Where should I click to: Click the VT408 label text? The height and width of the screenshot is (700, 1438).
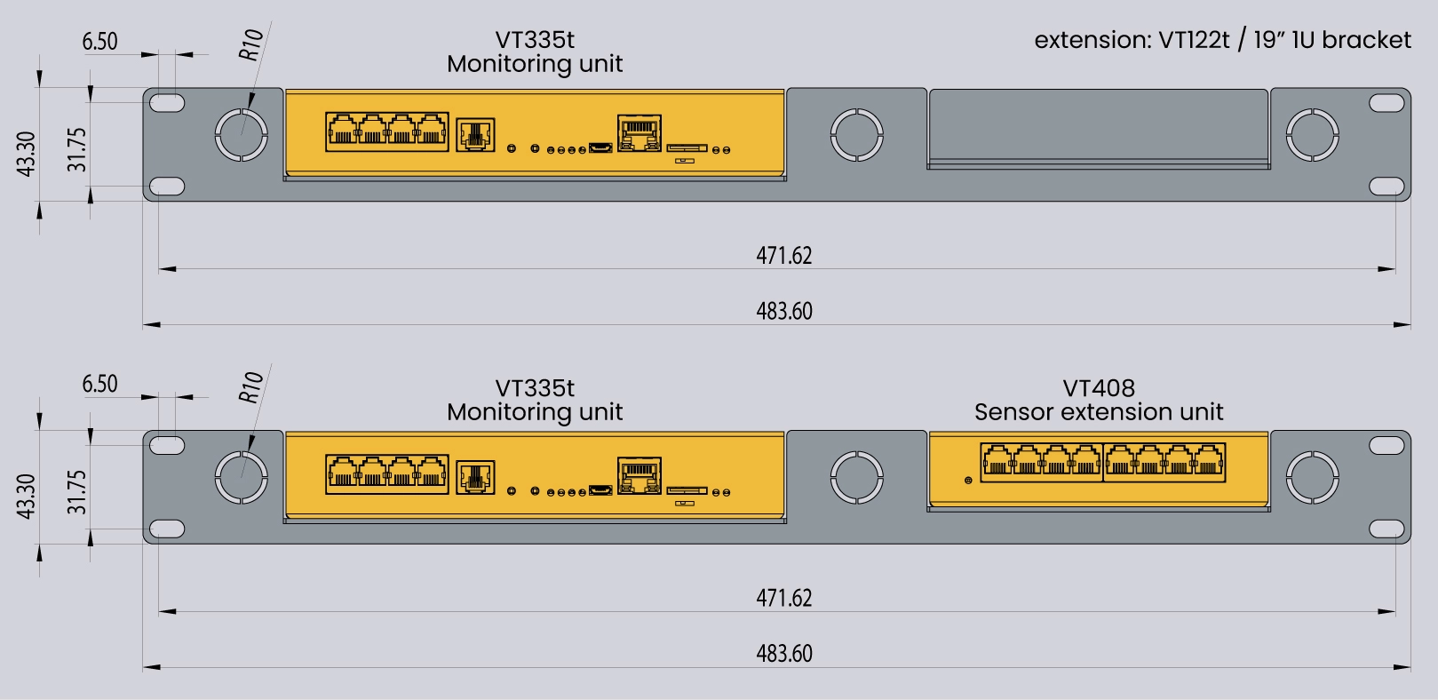pos(1099,388)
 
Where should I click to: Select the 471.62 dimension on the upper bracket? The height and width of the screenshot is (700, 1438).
pos(784,256)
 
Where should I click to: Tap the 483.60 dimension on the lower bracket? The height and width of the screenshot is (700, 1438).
pos(784,654)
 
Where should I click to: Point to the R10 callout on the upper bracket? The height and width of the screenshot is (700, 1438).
pos(251,44)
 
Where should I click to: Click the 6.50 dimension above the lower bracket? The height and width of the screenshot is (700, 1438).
pos(99,384)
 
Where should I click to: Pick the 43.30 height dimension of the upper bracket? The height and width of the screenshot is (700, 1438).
pos(27,153)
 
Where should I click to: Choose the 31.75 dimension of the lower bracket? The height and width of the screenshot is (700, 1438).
pos(77,492)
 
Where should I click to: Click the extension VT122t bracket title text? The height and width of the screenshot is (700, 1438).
pos(1222,40)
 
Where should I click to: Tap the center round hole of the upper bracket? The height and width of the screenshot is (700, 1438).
pos(856,135)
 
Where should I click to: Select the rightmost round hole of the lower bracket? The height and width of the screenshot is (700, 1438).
pos(1313,477)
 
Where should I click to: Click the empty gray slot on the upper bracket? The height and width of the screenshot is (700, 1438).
pos(1098,127)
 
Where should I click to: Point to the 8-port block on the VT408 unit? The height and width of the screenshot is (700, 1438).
pos(1103,462)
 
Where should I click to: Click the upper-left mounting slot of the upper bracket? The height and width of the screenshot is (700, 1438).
pos(166,103)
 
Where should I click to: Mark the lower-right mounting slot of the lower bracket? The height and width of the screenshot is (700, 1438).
pos(1386,529)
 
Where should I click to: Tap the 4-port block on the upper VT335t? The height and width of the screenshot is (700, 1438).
pos(387,131)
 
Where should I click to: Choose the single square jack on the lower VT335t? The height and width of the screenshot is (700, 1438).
pos(475,477)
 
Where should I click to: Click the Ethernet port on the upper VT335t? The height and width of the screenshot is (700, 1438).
pos(640,132)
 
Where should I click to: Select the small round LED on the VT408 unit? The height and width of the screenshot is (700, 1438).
pos(968,481)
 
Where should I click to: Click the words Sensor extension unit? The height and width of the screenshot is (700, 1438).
pos(1099,412)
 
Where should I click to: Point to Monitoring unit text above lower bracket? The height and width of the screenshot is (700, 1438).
pos(535,412)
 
